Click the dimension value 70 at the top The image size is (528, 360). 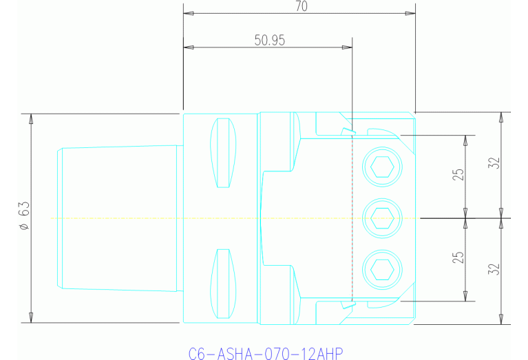[301, 6]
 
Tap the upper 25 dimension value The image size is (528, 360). [458, 171]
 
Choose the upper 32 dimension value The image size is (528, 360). [493, 164]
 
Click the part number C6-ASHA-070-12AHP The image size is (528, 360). [265, 353]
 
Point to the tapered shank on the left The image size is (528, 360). [117, 218]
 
